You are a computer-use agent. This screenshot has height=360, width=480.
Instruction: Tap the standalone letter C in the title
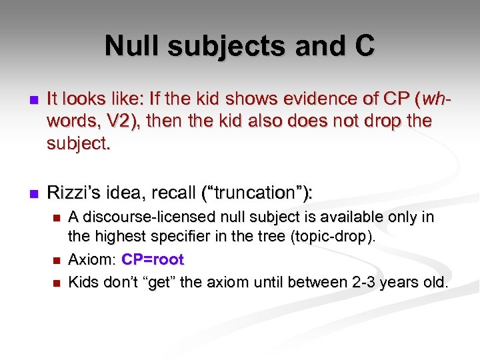point(363,46)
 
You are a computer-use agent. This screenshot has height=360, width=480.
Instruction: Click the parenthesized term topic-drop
point(338,237)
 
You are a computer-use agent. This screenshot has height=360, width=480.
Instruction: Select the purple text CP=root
point(153,259)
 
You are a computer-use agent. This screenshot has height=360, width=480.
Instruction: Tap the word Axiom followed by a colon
point(91,259)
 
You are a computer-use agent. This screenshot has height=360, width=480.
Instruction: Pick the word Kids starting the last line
point(85,282)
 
